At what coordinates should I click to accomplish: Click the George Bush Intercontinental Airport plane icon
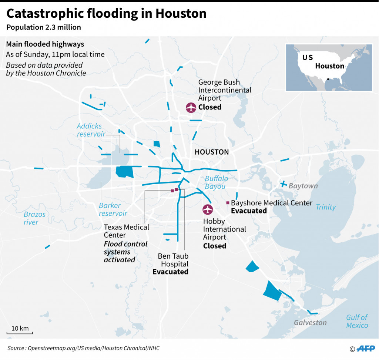point(191,108)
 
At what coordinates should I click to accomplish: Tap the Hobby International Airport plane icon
point(208,209)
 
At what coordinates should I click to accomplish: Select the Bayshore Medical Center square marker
point(228,203)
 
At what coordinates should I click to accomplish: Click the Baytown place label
point(303,186)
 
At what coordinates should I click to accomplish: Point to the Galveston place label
point(310,322)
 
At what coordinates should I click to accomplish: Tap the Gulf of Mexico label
point(357,321)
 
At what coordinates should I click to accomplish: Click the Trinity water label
point(326,207)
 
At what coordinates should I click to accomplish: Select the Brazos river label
point(34,218)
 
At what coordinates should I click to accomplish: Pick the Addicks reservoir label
point(91,130)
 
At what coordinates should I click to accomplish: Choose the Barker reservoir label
point(113,209)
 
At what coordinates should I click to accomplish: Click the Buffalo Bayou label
point(216,182)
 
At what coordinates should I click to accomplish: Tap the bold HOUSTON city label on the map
point(212,152)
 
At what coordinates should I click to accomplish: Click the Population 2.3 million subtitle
point(43,27)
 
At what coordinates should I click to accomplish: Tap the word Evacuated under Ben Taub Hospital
point(170,272)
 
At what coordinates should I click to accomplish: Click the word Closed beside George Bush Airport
point(210,107)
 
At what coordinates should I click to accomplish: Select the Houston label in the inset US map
point(329,66)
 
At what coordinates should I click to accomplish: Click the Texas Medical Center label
point(126,231)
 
